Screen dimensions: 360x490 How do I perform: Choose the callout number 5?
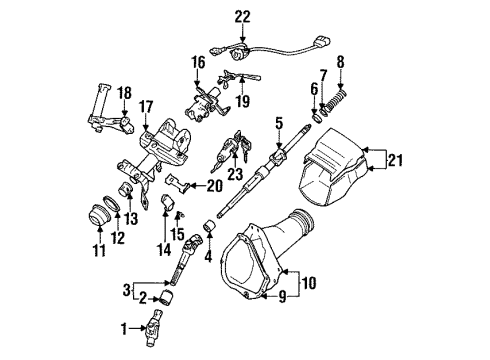pos(277,126)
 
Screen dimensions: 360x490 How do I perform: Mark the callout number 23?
pos(237,200)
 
